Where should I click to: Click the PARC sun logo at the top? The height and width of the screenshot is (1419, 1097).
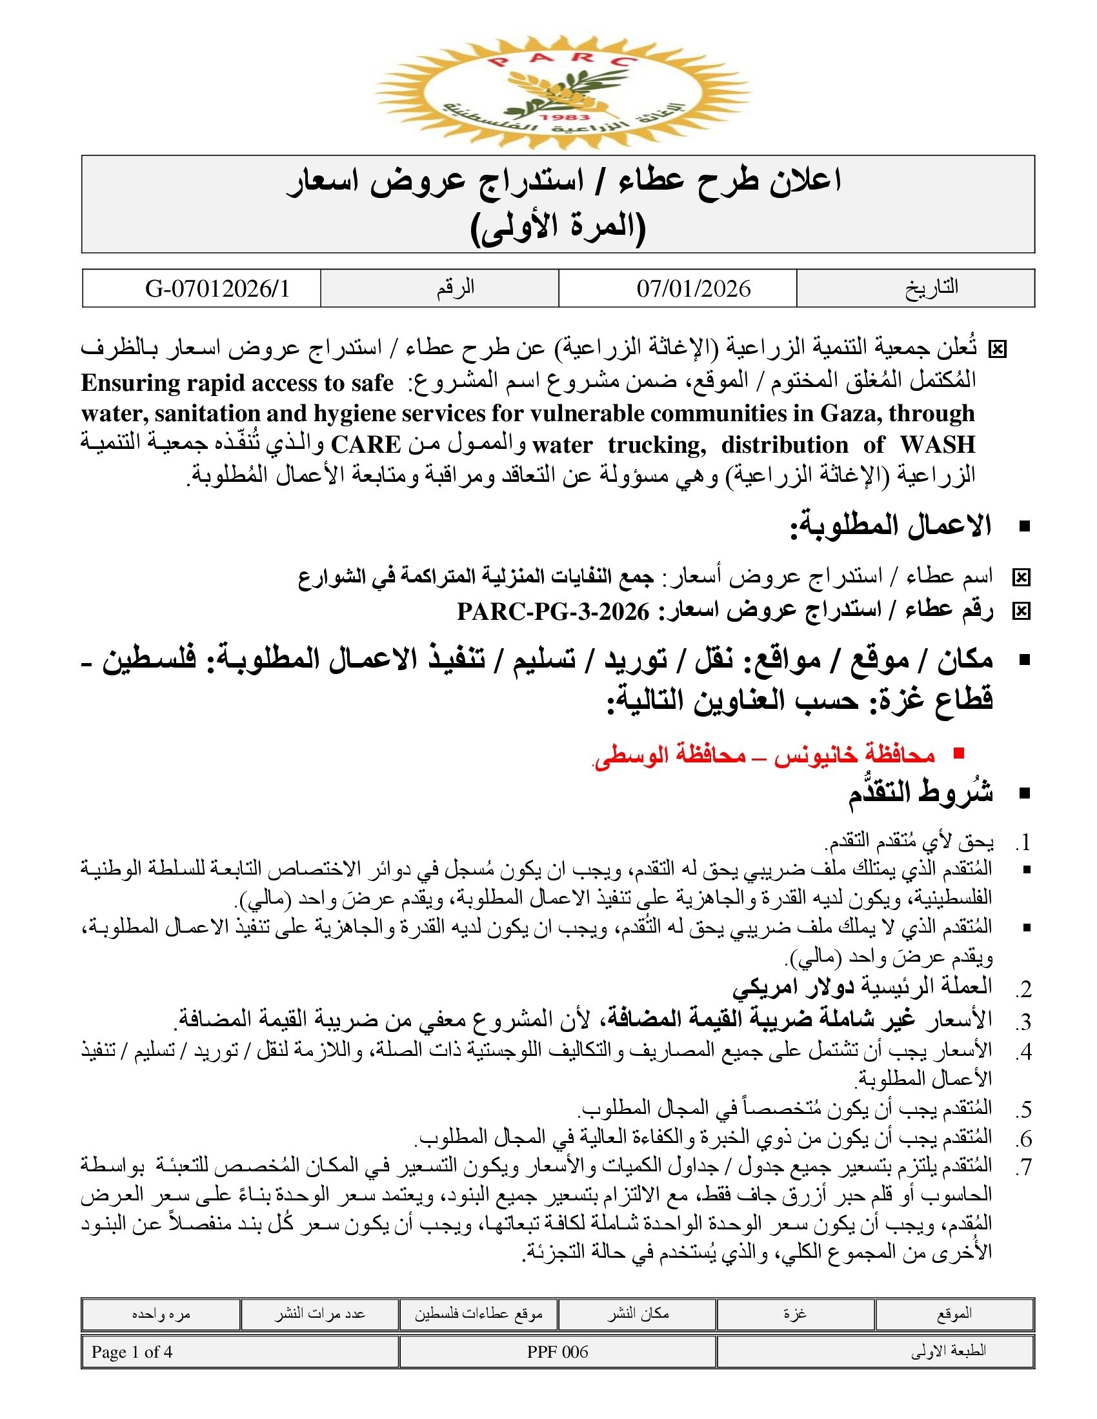563,92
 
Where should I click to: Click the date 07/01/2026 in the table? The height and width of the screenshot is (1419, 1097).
694,288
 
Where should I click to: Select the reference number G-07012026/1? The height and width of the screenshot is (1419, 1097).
217,288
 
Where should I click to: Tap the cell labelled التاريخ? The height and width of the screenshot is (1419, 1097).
931,287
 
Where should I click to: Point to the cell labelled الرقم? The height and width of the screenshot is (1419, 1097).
456,287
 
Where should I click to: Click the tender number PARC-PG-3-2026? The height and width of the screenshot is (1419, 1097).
553,611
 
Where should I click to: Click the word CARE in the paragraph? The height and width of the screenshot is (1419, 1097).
365,445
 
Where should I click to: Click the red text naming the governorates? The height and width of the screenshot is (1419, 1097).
764,755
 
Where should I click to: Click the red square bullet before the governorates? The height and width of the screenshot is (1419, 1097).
958,753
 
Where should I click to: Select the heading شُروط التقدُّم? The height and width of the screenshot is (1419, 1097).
920,794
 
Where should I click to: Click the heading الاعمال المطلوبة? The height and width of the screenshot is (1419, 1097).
891,526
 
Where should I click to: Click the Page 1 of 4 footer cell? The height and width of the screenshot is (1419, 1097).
132,1352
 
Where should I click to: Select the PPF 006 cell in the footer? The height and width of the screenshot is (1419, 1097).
558,1352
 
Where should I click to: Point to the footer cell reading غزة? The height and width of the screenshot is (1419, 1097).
795,1313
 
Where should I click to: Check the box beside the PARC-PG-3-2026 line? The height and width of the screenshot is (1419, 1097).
1021,611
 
